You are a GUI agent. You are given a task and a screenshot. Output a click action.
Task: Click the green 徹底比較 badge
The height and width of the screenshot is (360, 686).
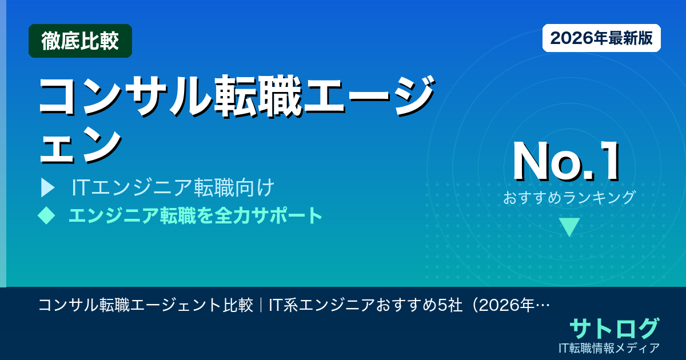[x=80, y=41]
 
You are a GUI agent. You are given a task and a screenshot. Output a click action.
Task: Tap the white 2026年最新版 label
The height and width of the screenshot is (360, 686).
[x=601, y=38]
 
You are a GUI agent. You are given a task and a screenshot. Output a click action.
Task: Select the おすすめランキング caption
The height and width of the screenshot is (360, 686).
[x=569, y=198]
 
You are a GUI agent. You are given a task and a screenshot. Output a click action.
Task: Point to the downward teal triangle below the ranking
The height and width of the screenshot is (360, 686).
[x=569, y=227]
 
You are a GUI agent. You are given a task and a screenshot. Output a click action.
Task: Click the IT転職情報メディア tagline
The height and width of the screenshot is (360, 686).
[x=610, y=347]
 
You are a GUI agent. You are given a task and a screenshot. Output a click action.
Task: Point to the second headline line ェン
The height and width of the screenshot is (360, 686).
[x=80, y=143]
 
